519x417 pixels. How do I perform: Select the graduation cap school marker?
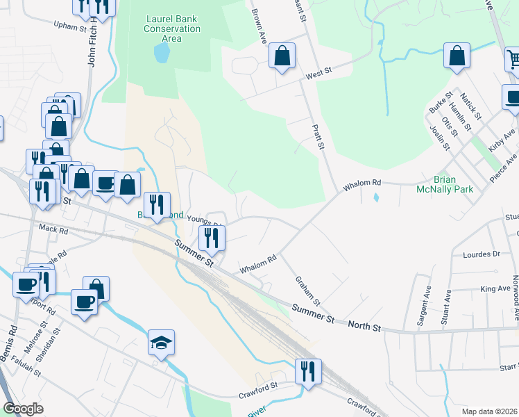pos(161,343)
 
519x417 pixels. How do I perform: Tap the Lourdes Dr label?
pos(486,254)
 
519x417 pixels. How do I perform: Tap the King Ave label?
pos(495,288)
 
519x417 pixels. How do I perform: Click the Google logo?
pos(24,409)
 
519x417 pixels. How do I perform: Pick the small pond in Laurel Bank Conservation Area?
pos(161,54)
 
